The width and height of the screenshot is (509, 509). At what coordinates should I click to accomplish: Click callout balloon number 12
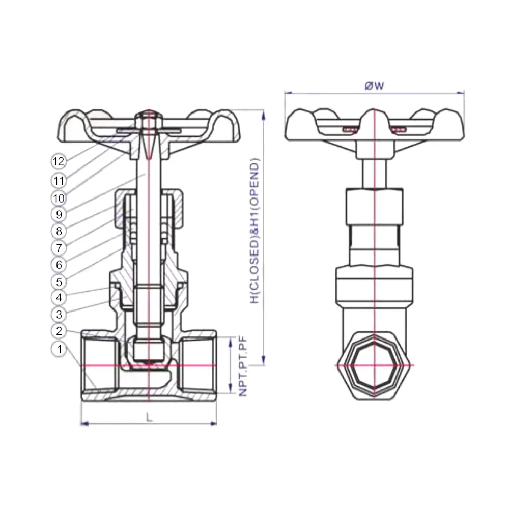(59, 161)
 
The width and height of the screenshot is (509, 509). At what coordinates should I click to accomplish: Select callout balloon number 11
(59, 181)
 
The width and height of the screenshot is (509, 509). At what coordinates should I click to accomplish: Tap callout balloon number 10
(59, 198)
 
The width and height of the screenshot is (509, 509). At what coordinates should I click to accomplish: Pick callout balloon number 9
(59, 214)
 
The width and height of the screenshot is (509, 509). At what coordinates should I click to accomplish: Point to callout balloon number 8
(59, 231)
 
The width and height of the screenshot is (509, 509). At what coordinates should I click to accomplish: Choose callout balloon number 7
(59, 248)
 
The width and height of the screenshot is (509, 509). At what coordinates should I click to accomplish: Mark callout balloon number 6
(59, 265)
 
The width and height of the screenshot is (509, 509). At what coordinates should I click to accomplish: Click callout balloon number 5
(59, 282)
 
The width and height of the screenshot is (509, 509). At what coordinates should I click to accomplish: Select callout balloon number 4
(59, 297)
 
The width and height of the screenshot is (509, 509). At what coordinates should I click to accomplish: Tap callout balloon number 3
(59, 314)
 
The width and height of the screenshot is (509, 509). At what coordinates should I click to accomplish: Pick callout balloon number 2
(59, 331)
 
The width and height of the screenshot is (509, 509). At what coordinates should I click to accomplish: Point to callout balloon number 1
(59, 349)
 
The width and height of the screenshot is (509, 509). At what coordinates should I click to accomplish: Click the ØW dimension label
(374, 86)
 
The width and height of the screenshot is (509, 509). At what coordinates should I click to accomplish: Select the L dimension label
(149, 417)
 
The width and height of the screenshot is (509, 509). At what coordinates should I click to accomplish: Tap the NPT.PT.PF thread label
(243, 366)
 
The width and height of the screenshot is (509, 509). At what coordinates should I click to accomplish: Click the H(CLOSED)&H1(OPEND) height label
(255, 231)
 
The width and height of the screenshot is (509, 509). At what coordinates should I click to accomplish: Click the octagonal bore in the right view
(374, 365)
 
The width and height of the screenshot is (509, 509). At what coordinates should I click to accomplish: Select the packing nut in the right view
(374, 207)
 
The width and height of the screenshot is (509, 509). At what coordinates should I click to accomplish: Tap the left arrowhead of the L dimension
(84, 423)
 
